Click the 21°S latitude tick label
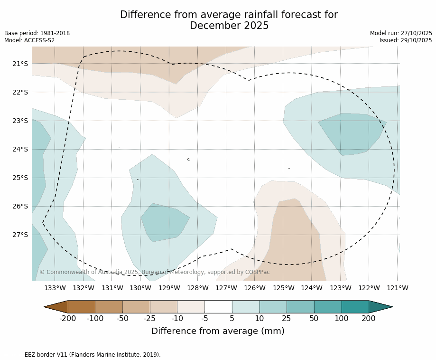coord(20,64)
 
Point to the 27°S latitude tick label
coord(20,235)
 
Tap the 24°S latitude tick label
coord(20,149)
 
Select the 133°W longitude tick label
coord(55,288)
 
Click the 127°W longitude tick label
coord(226,288)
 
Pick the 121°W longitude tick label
coord(398,288)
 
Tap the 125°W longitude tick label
coord(283,288)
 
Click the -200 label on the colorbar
coord(68,318)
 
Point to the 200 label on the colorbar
coord(369,318)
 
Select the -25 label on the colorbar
coord(150,318)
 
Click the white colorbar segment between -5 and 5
coord(218,307)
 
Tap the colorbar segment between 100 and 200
coord(355,307)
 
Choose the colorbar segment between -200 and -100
coord(82,307)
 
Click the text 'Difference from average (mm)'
coord(218,331)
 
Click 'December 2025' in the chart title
coord(229,26)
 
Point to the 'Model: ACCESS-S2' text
coord(29,40)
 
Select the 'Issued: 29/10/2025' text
coord(406,40)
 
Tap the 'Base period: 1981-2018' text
coord(37,33)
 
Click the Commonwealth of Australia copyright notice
coord(155,272)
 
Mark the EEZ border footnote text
coord(83,355)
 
